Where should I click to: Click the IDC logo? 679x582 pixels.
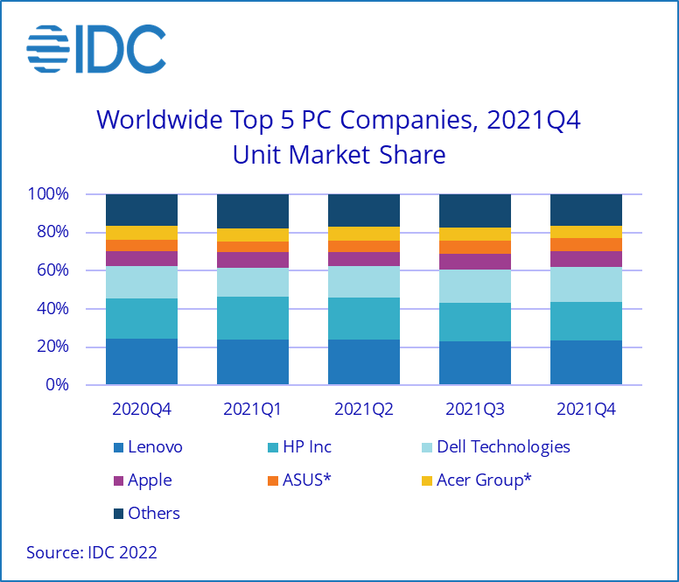96,49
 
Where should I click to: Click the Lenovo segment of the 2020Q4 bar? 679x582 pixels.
142,361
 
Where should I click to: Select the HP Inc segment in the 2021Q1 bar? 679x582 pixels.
253,318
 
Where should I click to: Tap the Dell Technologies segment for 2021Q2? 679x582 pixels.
364,282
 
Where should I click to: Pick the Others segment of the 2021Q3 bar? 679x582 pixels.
475,210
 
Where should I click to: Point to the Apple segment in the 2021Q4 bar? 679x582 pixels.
586,258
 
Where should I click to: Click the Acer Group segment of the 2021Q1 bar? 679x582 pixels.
253,235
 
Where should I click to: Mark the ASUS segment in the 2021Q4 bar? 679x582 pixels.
586,244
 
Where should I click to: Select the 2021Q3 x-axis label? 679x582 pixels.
475,409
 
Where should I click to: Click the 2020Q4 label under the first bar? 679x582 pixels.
142,409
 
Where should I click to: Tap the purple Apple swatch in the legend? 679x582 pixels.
117,480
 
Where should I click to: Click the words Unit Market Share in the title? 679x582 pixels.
339,155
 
